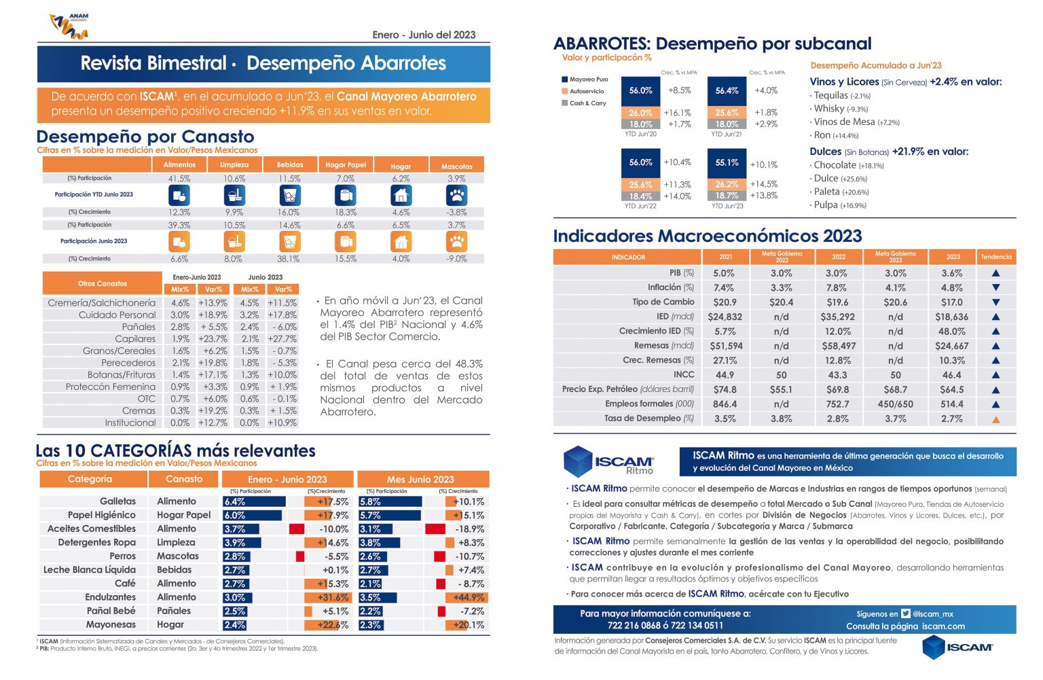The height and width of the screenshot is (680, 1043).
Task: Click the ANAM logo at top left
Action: [x=69, y=26]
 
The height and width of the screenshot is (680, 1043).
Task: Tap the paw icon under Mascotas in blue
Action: [x=456, y=196]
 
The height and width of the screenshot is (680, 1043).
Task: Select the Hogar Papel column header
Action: [x=345, y=165]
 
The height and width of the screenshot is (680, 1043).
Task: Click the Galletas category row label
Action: [x=117, y=501]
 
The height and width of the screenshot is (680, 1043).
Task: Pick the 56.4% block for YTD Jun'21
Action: [x=727, y=90]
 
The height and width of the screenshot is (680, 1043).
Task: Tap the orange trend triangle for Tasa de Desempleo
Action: [x=996, y=419]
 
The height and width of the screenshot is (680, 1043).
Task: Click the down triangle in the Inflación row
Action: [x=996, y=288]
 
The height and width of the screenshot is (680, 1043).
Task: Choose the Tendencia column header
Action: [x=996, y=257]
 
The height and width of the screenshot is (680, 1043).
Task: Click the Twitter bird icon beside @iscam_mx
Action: [x=906, y=613]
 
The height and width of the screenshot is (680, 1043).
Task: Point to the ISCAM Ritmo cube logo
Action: [x=578, y=461]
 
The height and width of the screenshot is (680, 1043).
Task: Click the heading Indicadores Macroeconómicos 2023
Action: [x=707, y=236]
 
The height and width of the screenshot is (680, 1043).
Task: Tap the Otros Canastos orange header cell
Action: [x=102, y=283]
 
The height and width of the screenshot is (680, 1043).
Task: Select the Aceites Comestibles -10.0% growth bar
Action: [x=297, y=529]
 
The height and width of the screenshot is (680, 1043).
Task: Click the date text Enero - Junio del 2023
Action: [x=424, y=35]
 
